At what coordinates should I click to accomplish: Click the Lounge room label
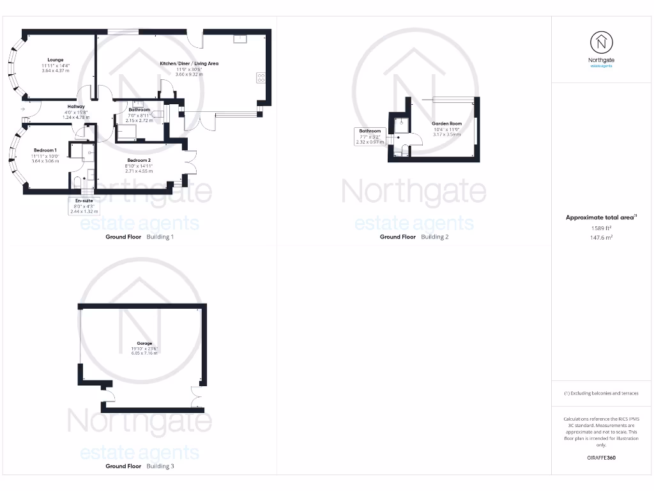[x=55, y=59]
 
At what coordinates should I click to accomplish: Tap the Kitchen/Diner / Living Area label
[x=189, y=63]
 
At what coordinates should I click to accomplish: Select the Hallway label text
[x=76, y=107]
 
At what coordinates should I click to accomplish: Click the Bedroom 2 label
[x=139, y=160]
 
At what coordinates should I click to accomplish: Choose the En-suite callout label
[x=84, y=201]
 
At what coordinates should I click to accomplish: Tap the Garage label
[x=144, y=343]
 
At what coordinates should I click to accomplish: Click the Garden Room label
[x=446, y=123]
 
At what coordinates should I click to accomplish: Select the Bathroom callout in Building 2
[x=370, y=131]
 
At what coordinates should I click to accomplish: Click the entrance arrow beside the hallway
[x=23, y=110]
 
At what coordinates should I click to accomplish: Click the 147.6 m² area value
[x=601, y=237]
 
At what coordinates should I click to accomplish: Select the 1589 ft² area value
[x=601, y=228]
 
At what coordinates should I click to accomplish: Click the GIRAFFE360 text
[x=601, y=458]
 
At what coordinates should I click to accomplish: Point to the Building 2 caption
[x=434, y=237]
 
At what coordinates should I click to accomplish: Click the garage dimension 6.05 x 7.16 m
[x=144, y=354]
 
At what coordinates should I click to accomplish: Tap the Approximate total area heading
[x=600, y=218]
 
